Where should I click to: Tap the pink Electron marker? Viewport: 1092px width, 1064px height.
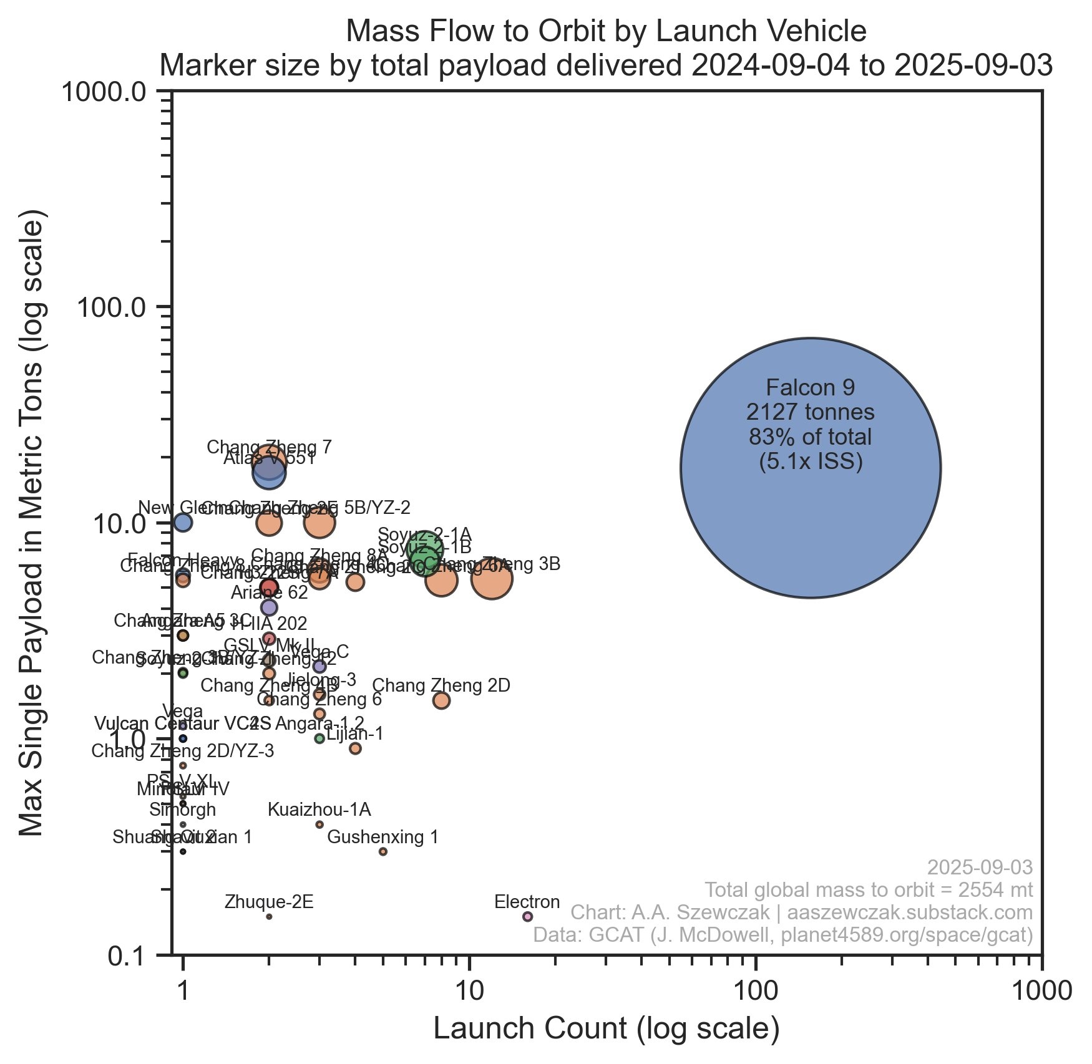coord(527,916)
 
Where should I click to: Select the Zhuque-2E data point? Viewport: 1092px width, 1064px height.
coord(269,916)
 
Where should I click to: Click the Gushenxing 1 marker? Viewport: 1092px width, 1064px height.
coord(383,851)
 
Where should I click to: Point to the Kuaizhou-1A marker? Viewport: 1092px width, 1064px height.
coord(319,825)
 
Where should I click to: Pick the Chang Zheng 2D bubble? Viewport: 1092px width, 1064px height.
coord(441,700)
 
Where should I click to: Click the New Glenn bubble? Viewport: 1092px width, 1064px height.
coord(183,523)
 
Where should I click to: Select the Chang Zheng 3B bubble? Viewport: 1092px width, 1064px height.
coord(492,579)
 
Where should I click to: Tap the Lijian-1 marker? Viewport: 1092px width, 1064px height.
coord(355,748)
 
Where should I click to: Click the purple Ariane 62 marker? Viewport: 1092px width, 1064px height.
coord(269,607)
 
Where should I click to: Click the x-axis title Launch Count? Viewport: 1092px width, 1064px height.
coord(606,1029)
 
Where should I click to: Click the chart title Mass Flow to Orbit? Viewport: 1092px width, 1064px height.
coord(606,31)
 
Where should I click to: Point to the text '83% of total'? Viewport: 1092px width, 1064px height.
coord(810,437)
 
